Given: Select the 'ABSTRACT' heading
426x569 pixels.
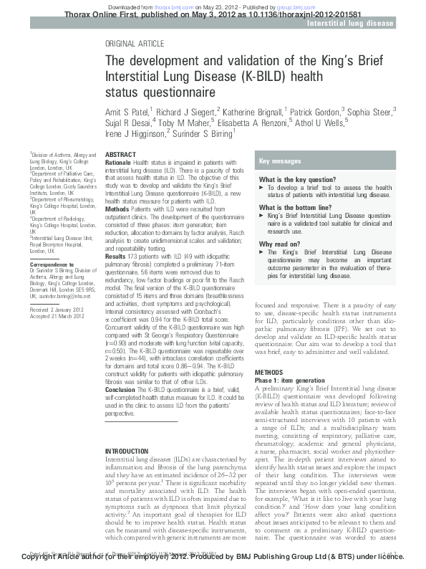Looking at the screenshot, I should [x=120, y=155].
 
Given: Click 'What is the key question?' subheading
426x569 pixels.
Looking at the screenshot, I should [x=297, y=179].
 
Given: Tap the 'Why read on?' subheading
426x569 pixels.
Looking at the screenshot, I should [x=279, y=244].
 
